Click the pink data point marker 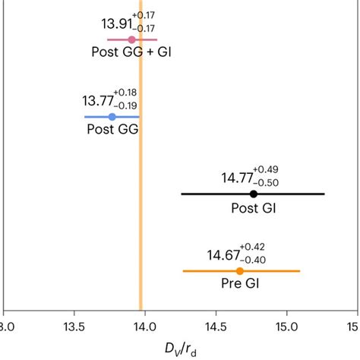coord(131,39)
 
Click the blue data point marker coord(112,117)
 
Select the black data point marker coord(254,194)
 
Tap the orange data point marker coord(240,271)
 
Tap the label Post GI coord(254,208)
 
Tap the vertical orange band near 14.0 coord(141,190)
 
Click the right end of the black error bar coord(324,194)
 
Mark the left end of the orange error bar coord(183,271)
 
